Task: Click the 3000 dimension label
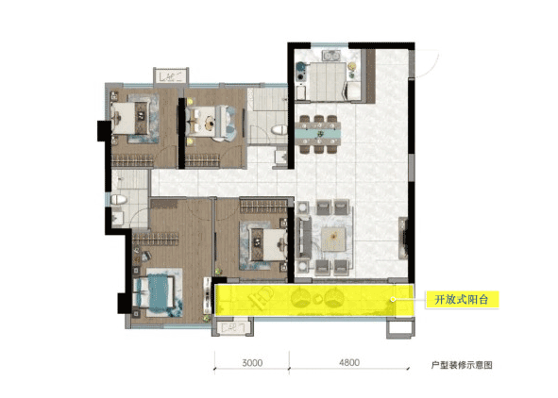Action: pos(252,363)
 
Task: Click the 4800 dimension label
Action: pos(349,362)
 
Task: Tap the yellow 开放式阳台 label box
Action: pos(462,300)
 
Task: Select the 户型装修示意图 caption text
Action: pos(462,365)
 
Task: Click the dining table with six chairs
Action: pos(319,134)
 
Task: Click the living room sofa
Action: pos(303,237)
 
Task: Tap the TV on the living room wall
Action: pos(403,238)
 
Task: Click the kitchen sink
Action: pos(331,55)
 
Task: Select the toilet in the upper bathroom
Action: pos(279,129)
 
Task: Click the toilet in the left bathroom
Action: pos(119,199)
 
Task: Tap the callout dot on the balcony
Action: pos(393,300)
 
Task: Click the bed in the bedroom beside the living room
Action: pos(268,244)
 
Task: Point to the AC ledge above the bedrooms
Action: pos(171,76)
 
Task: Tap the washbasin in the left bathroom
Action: pos(117,218)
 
